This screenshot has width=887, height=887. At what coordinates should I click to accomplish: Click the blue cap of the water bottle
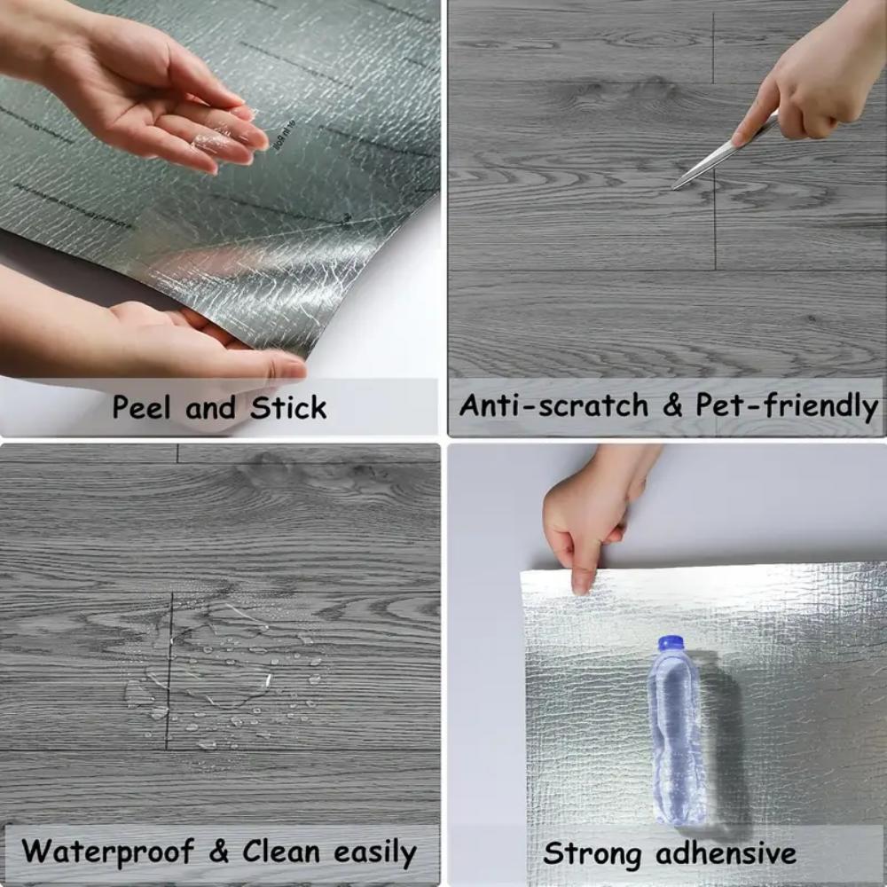pos(671,643)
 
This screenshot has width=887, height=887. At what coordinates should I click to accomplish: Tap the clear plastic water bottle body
pos(676,736)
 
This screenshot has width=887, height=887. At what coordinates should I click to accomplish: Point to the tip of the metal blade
pos(675,186)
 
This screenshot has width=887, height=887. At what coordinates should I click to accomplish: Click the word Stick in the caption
pos(288,407)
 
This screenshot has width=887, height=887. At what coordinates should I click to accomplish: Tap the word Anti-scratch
pos(553,405)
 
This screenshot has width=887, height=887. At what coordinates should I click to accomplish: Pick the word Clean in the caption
pos(283,852)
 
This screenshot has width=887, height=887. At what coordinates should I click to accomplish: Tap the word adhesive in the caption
pos(726,853)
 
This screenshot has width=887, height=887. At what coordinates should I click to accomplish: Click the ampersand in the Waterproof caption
pos(219,852)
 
